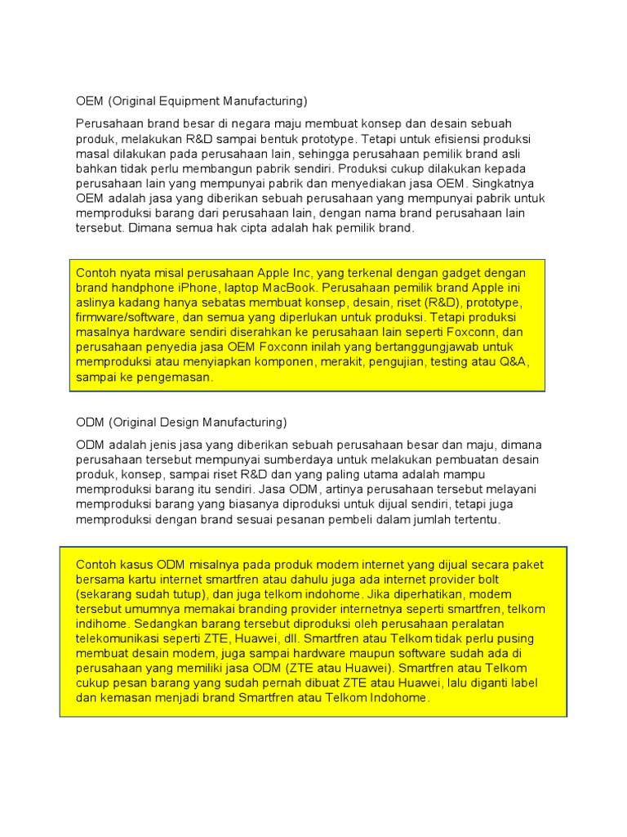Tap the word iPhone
coord(204,288)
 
